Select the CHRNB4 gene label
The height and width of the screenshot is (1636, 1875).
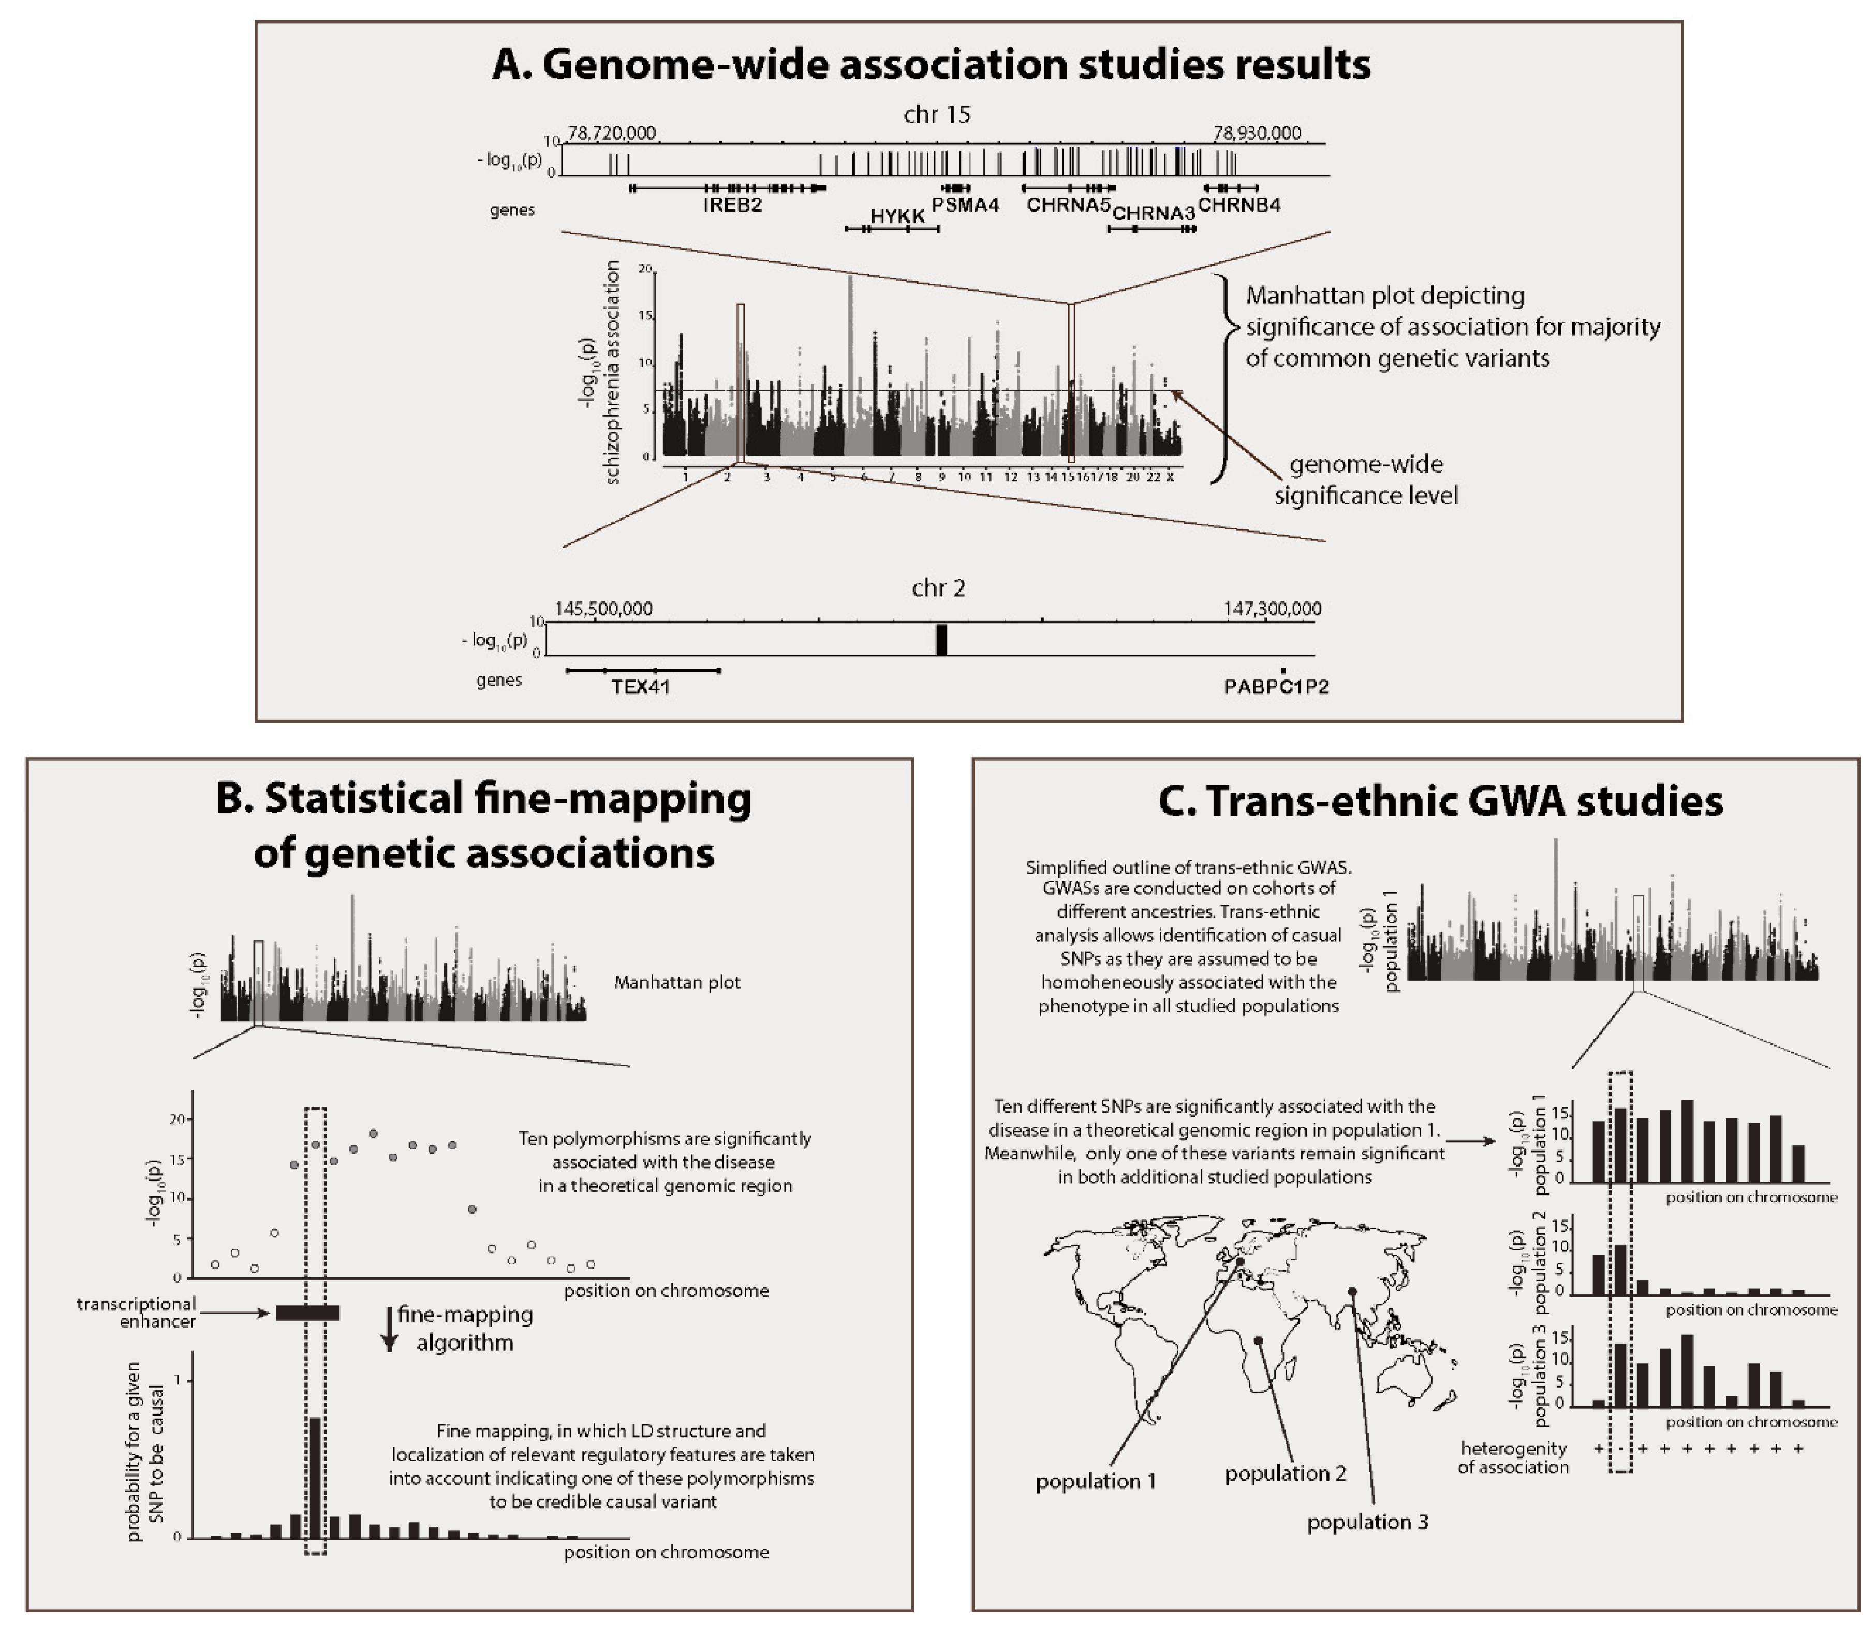(x=1239, y=204)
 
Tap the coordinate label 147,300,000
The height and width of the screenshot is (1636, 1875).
(x=1272, y=609)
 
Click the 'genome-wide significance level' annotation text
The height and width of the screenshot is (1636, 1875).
(x=1366, y=480)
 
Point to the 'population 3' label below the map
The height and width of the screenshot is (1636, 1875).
(x=1367, y=1522)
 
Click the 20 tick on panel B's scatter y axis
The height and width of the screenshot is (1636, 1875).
(x=178, y=1120)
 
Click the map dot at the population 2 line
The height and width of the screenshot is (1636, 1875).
(x=1259, y=1339)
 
